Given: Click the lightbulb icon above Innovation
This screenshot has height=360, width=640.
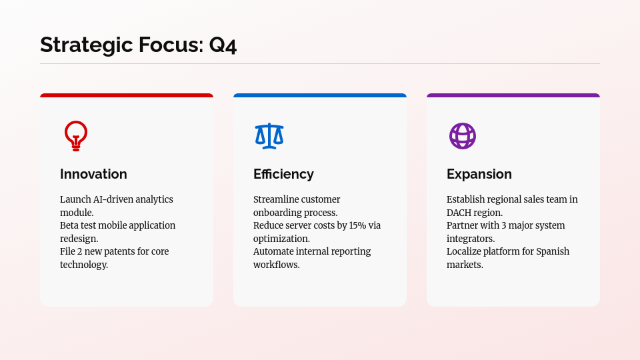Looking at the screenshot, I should coord(76,136).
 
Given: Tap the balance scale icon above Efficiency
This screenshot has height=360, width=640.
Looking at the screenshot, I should coord(269,136).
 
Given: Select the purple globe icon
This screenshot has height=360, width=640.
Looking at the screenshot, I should coord(463,136).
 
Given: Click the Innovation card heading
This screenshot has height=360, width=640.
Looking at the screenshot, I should coord(93,174).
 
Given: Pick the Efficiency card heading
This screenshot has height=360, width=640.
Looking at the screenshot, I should coord(283,174).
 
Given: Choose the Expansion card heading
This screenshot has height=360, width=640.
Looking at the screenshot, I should coord(479,174).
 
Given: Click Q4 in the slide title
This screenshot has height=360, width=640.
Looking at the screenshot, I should coord(223,45).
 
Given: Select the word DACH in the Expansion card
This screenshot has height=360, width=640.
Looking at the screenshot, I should coord(461,213).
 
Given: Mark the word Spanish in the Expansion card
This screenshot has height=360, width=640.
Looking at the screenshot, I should coord(553,251).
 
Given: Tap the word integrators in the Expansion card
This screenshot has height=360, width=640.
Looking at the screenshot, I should coord(471,239).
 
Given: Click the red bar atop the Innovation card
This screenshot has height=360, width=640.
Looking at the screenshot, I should coord(127,95).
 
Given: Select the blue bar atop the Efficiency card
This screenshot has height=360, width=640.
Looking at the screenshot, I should coord(320,95).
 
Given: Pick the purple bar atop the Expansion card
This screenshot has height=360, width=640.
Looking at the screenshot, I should coord(513,95).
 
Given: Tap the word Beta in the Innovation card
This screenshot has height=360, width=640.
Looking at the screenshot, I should coord(69,225).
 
